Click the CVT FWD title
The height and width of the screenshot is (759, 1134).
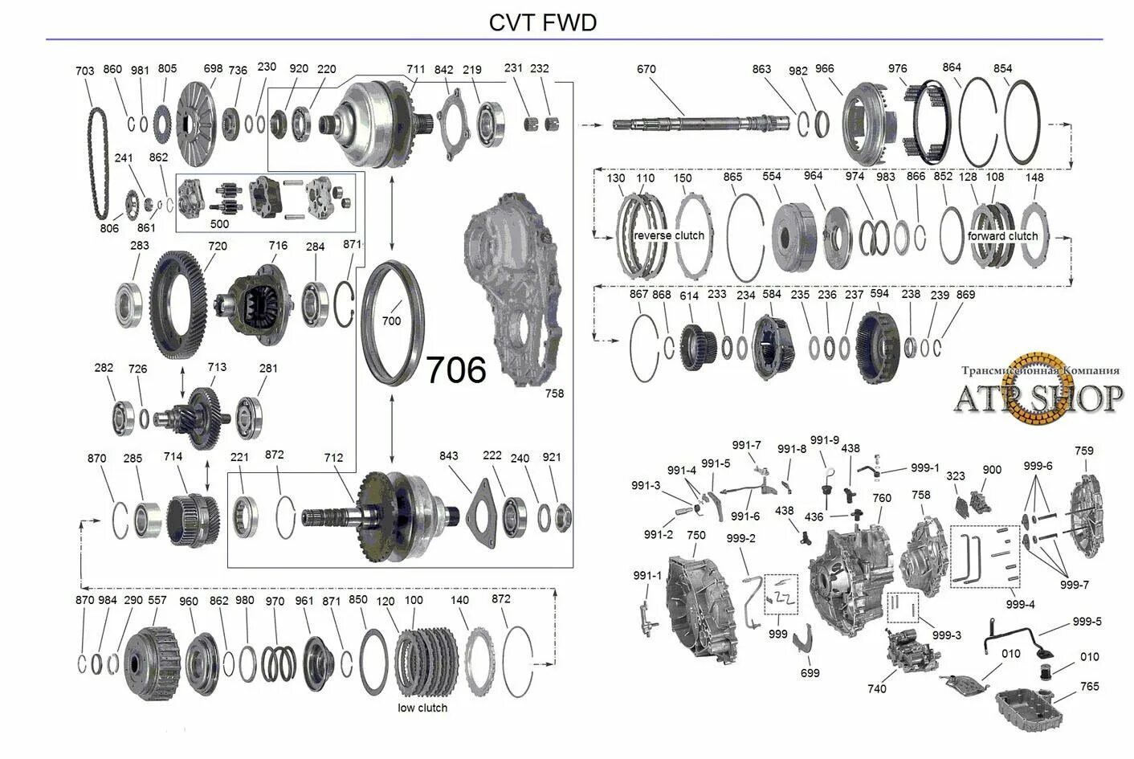pos(543,22)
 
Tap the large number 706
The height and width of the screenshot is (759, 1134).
pos(455,370)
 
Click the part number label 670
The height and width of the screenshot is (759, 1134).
pos(646,69)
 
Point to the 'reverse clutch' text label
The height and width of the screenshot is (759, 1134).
pos(668,235)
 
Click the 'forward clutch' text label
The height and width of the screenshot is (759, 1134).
pos(1002,236)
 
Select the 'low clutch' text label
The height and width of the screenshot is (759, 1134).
pos(422,708)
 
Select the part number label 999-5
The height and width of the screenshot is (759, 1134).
pos(1087,622)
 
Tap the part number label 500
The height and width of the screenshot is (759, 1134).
pos(219,224)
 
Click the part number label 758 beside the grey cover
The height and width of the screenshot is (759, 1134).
pos(554,394)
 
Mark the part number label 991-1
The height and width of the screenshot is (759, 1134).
pos(647,575)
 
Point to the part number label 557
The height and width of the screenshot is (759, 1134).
pos(157,600)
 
